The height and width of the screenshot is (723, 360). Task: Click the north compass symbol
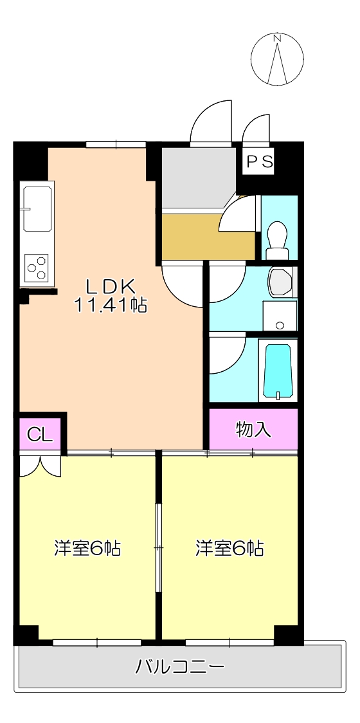point(278,59)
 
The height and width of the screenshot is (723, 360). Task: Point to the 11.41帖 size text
point(111,304)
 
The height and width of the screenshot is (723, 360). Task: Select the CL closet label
point(40,435)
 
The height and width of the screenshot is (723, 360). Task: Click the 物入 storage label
point(253,430)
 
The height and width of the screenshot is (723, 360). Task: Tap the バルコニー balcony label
point(179,666)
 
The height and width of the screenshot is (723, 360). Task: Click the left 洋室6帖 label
point(87,549)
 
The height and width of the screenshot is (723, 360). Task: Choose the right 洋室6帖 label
point(230,549)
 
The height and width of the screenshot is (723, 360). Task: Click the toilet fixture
point(278,236)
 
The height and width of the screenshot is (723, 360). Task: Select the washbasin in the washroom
point(281,281)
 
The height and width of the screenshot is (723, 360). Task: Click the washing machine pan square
point(280,316)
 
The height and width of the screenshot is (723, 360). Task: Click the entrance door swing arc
point(211,122)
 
